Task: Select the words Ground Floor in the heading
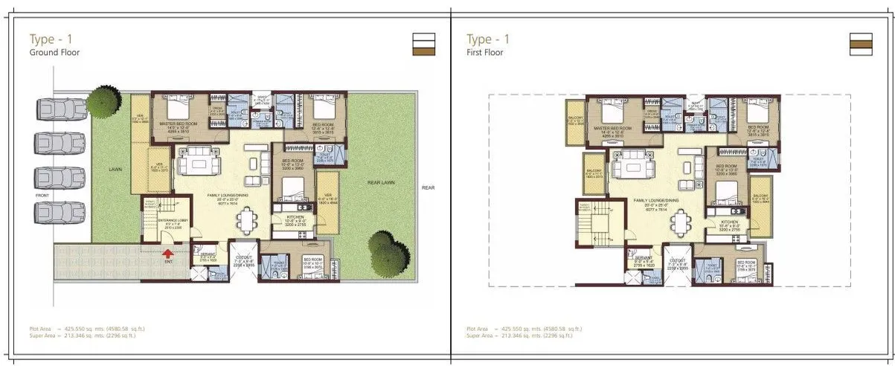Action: pos(54,53)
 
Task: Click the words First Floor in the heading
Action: pos(485,53)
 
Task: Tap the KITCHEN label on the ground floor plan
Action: pos(295,216)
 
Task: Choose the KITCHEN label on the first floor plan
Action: pos(728,222)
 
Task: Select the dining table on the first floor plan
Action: pos(680,222)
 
